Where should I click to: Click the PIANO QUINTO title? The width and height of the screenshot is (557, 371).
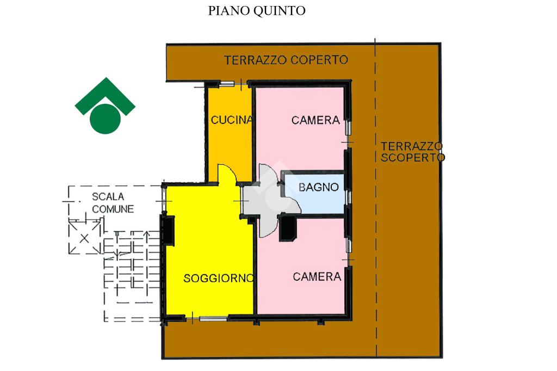coord(257,11)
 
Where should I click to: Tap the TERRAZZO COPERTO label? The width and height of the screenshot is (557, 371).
coord(286,60)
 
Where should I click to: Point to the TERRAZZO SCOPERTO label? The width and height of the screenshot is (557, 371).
coord(412,152)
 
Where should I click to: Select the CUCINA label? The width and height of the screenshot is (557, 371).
coord(231,120)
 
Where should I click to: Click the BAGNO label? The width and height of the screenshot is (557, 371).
coord(319,187)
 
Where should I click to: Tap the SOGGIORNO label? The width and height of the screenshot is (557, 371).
coord(218,278)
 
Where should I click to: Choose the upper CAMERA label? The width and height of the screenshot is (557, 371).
coord(315,120)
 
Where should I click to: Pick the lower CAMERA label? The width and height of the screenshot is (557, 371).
coord(317,276)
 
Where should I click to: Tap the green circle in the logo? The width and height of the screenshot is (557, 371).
coord(104,118)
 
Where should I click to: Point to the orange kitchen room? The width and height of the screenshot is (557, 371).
coord(228,147)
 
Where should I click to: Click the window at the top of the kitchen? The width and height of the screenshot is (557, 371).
coord(227,84)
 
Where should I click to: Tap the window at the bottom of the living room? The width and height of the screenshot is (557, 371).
coord(213,318)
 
